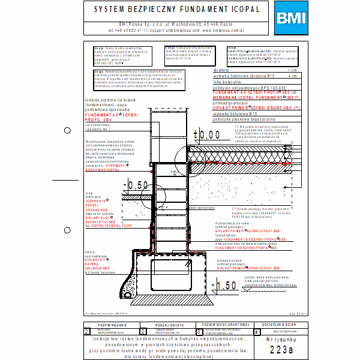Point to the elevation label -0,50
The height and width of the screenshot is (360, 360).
click(x=135, y=185)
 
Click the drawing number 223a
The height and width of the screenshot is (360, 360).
click(x=282, y=349)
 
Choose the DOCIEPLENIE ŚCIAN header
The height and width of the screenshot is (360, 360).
click(x=281, y=324)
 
